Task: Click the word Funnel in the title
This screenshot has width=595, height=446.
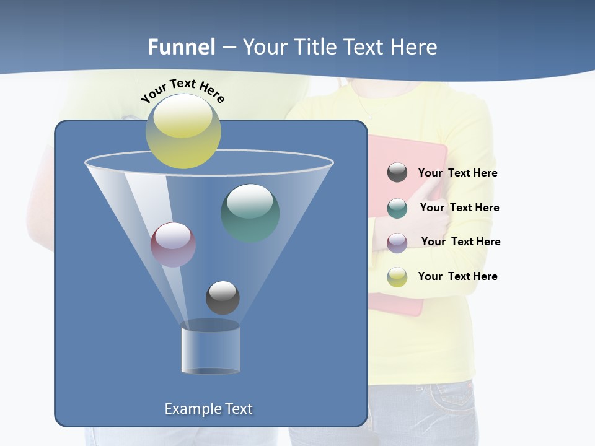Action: [x=181, y=47]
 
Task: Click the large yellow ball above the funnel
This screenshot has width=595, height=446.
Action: [x=183, y=131]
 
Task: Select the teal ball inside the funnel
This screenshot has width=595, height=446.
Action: [x=250, y=213]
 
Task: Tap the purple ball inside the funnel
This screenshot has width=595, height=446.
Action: [x=173, y=245]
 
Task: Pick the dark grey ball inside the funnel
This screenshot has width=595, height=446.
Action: [x=223, y=298]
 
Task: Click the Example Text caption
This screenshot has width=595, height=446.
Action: [x=209, y=409]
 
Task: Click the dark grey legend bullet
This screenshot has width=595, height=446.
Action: [x=397, y=173]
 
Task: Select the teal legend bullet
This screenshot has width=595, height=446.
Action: [x=397, y=208]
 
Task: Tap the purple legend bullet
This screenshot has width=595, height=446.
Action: [x=397, y=242]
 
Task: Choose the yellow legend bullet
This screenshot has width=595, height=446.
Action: [x=397, y=277]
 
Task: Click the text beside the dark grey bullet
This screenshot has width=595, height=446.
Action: [x=458, y=173]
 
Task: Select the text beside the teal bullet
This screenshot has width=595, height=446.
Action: [x=459, y=208]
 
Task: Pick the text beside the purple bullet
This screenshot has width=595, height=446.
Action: [x=461, y=242]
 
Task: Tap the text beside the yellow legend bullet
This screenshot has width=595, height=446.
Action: [x=458, y=277]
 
